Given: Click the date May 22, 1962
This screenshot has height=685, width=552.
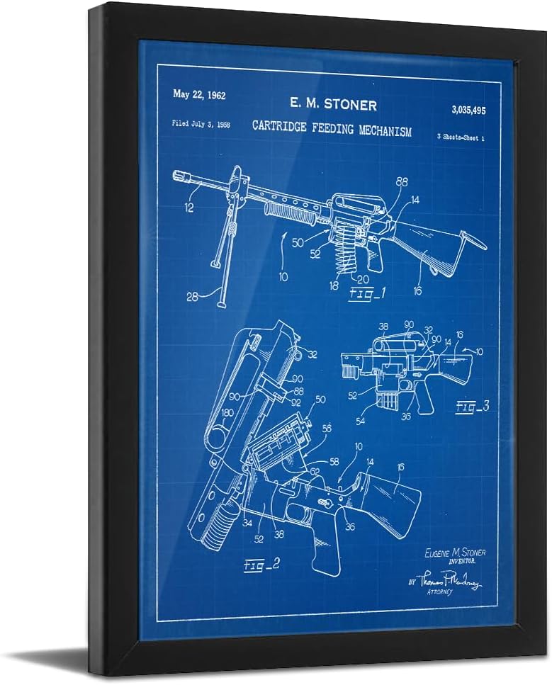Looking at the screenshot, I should pos(199,95).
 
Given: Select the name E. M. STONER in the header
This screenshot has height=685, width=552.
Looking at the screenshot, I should pos(332,103).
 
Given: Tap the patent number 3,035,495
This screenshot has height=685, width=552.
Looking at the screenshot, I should pos(468,110).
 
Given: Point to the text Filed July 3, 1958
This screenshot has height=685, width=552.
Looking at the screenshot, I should pos(201,123).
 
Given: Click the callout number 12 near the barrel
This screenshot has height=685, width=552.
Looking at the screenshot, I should pos(189,208).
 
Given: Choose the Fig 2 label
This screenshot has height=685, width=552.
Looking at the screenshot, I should pos(261,565).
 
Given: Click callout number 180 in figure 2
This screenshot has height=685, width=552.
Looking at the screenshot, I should pos(227,412).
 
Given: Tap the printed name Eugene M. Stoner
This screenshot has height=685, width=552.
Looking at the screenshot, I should pos(454,553).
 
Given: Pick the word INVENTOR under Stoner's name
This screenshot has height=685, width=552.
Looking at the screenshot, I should pos(458,562).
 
